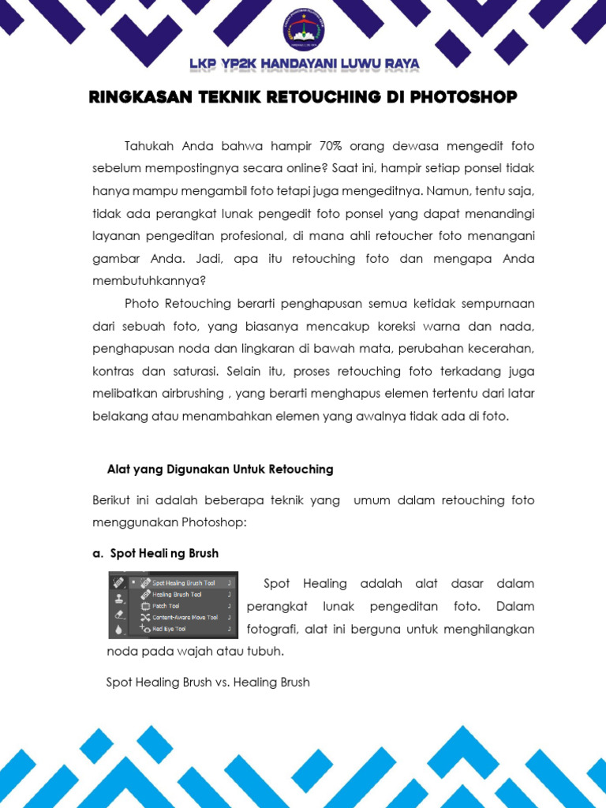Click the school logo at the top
(x=303, y=29)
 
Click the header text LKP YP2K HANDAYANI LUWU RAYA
(x=304, y=64)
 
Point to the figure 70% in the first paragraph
(x=334, y=146)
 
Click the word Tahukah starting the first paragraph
(x=150, y=146)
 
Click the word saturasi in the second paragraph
(x=195, y=371)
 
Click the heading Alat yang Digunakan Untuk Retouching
(x=220, y=469)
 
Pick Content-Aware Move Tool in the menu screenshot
(x=185, y=617)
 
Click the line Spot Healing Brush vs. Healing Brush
(x=208, y=682)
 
